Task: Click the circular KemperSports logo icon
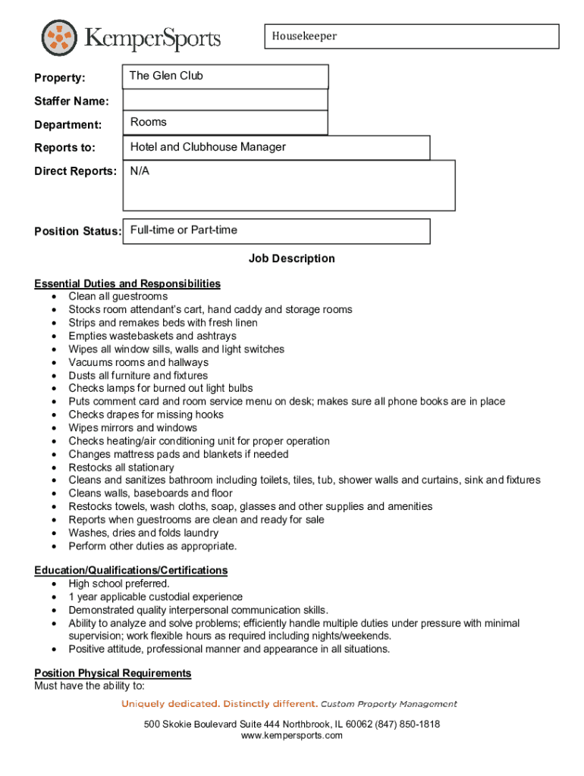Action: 60,39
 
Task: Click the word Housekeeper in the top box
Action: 304,36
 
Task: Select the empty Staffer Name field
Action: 224,100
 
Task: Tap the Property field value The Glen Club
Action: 166,76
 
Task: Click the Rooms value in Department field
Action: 148,122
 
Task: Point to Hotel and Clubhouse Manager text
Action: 208,147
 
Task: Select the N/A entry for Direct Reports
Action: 140,171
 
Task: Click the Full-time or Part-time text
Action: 184,230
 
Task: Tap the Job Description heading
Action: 291,258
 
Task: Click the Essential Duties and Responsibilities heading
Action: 127,283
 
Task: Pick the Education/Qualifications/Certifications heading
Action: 130,570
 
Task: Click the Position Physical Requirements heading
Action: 112,673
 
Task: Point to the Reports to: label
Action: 64,148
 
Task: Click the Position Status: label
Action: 77,231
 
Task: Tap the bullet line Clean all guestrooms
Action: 118,296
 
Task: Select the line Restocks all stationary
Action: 121,468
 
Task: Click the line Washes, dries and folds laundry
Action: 143,533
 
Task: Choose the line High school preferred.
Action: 119,584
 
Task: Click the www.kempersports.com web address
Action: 291,736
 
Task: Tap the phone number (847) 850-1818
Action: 397,724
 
